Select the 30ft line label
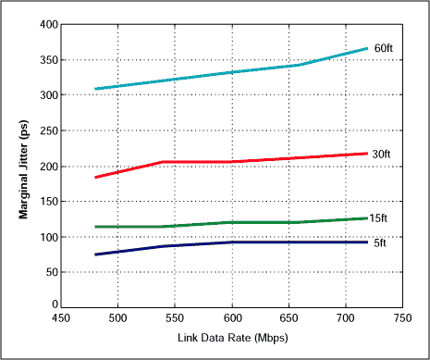coord(381,155)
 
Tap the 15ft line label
coord(379,218)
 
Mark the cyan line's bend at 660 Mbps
coord(300,65)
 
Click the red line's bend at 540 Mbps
coord(164,162)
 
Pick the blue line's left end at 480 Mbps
coord(95,254)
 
